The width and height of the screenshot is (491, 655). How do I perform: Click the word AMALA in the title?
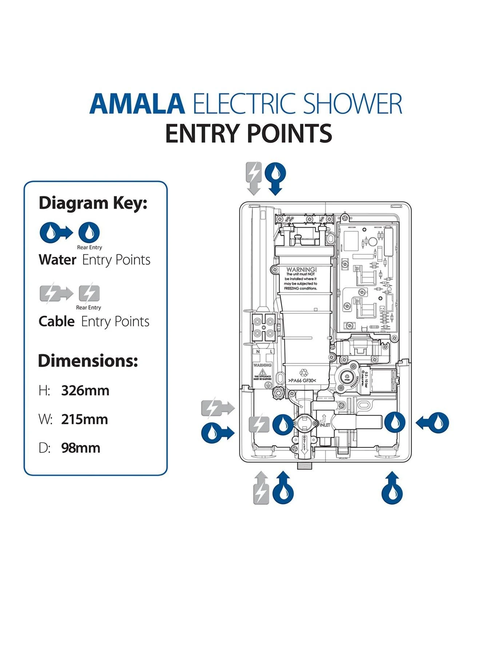(x=137, y=104)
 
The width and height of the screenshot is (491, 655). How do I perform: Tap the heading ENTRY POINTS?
(x=248, y=133)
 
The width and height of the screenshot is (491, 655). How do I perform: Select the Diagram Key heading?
(x=93, y=203)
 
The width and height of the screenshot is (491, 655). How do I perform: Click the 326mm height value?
(x=85, y=390)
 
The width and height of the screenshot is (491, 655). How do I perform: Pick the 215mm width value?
(x=84, y=419)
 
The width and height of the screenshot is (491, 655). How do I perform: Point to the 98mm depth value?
(x=80, y=448)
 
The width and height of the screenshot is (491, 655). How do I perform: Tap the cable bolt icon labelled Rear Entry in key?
(x=89, y=294)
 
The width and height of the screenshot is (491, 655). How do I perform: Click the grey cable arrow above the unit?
(x=254, y=178)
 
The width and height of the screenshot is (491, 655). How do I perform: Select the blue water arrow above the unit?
(x=276, y=178)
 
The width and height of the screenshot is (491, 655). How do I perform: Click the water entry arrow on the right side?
(x=433, y=423)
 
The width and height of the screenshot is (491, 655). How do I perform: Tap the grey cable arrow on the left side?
(x=217, y=408)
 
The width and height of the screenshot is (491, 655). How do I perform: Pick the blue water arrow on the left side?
(x=217, y=432)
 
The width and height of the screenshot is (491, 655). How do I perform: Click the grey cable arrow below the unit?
(x=261, y=488)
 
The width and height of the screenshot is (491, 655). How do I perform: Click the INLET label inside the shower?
(x=324, y=425)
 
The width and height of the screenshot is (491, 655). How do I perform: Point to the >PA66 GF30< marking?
(x=302, y=381)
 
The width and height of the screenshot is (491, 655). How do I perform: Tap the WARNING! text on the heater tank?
(x=302, y=270)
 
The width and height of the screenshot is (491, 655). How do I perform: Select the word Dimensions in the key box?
(x=88, y=361)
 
